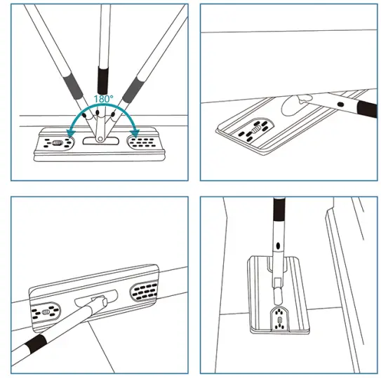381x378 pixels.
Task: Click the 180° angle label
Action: pyautogui.click(x=103, y=99)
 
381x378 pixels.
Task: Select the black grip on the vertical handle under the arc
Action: pyautogui.click(x=103, y=79)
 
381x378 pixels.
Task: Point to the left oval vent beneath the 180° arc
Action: pyautogui.click(x=56, y=143)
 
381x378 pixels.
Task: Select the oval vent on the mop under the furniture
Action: pyautogui.click(x=257, y=129)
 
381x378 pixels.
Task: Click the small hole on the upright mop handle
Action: pyautogui.click(x=279, y=245)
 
